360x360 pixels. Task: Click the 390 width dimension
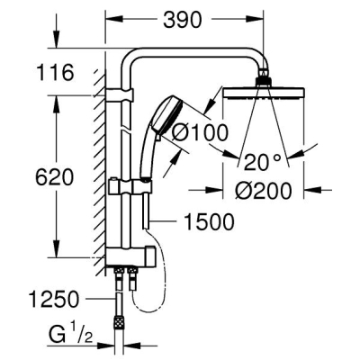click(183, 21)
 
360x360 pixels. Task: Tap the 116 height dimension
click(55, 72)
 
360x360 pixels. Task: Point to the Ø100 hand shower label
click(201, 133)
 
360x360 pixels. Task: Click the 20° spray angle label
click(263, 162)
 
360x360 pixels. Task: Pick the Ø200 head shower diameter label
click(264, 190)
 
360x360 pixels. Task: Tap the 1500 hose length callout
click(209, 221)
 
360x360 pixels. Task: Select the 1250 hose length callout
click(54, 299)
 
